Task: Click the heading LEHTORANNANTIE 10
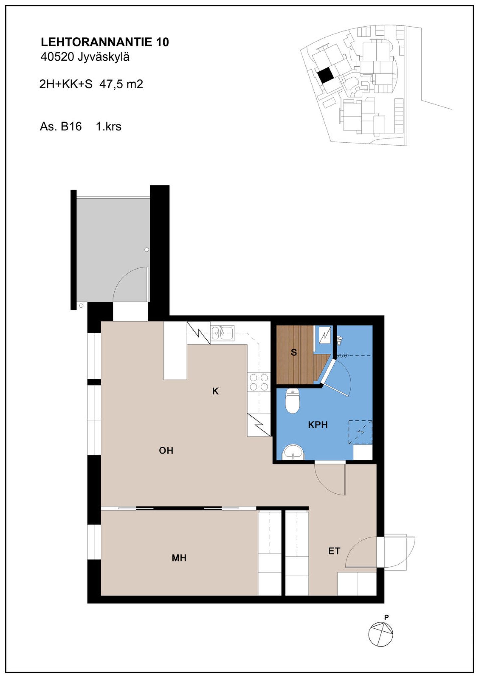click(x=105, y=42)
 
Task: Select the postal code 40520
click(x=57, y=57)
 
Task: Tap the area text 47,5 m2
click(x=121, y=84)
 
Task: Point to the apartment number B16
click(x=71, y=127)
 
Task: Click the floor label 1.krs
click(x=109, y=127)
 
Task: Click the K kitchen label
click(x=215, y=391)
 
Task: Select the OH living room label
click(x=166, y=451)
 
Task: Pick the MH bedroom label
click(x=179, y=558)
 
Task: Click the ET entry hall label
click(x=334, y=551)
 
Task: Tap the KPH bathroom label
click(x=318, y=425)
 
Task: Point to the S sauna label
click(x=294, y=352)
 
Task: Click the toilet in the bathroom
click(x=293, y=401)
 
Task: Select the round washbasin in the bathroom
click(x=293, y=452)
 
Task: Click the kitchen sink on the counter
click(x=222, y=333)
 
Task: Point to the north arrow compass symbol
click(x=381, y=634)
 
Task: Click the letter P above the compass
click(x=386, y=617)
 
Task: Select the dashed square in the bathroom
click(x=360, y=432)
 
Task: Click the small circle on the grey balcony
click(x=147, y=250)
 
